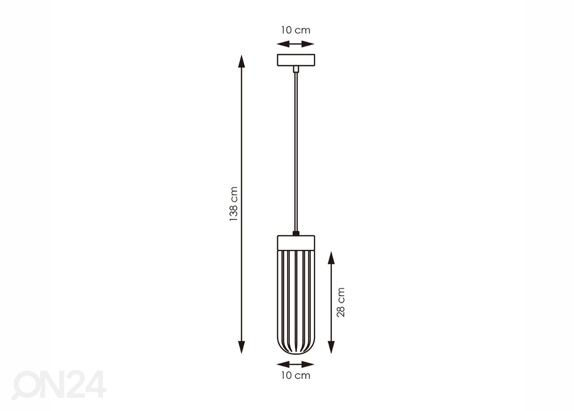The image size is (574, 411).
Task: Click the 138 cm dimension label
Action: point(233,204)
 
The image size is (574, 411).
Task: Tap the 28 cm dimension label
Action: point(341,302)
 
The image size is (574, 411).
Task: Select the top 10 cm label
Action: point(296,30)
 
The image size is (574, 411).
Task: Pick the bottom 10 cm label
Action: point(296,376)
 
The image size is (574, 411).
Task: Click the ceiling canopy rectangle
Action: point(296,60)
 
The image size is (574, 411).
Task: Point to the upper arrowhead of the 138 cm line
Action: point(242,61)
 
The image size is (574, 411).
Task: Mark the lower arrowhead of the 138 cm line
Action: point(242,347)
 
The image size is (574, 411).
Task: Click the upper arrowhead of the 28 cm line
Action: point(331,258)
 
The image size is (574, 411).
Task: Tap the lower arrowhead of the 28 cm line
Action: point(331,347)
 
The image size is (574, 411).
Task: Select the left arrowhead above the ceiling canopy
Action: point(283,44)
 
